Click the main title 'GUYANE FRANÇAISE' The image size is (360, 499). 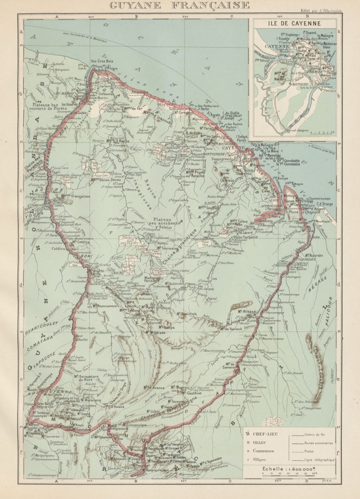click(x=179, y=5)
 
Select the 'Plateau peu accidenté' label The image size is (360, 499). click(x=165, y=222)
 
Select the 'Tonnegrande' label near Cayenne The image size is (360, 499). click(x=223, y=159)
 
